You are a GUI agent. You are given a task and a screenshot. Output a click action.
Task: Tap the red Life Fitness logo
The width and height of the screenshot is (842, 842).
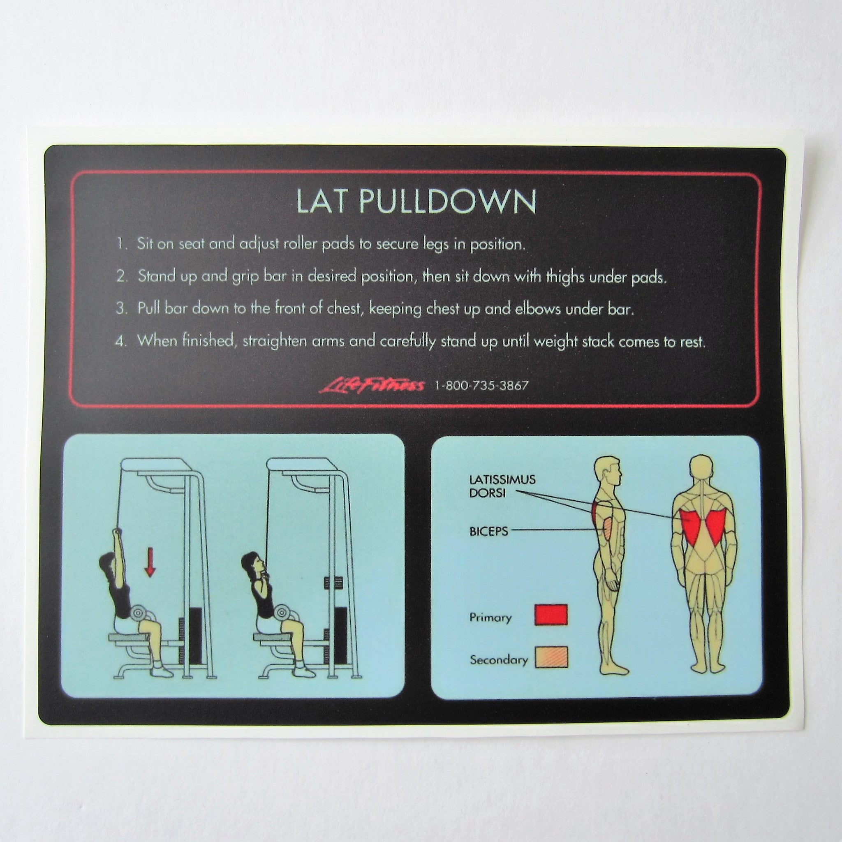click(x=373, y=385)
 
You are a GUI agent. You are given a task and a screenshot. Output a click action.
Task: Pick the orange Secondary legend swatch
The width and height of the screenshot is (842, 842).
click(x=551, y=669)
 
